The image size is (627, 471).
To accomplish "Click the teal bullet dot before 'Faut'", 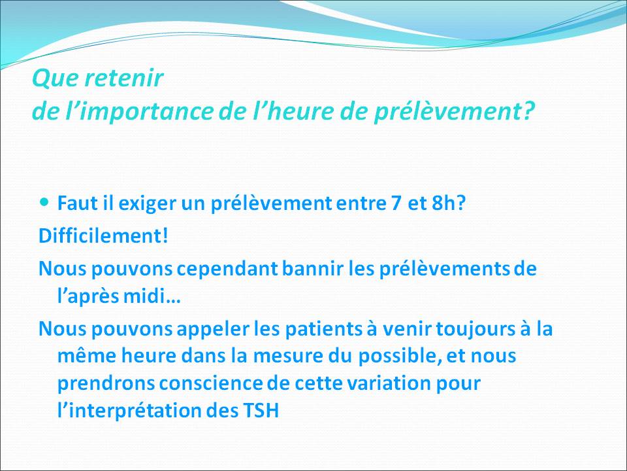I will (x=44, y=203).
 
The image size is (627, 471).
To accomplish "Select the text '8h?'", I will (x=450, y=203).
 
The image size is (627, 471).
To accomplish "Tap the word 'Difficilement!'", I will (x=103, y=235).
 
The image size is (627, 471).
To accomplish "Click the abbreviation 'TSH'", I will (x=260, y=413).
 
